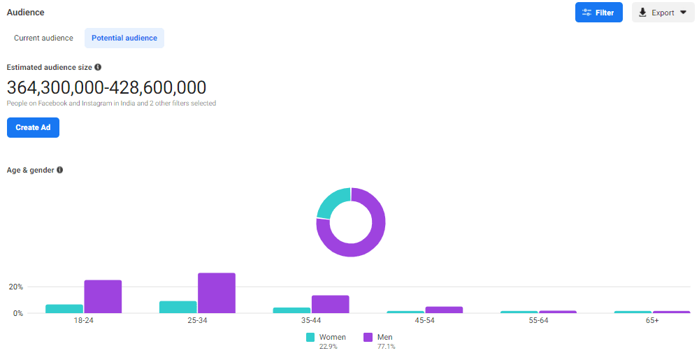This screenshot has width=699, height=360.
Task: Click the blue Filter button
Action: point(598,13)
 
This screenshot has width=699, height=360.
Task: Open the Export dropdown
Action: point(663,13)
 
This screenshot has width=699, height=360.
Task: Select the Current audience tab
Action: point(43,38)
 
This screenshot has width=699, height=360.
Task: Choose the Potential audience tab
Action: point(124,38)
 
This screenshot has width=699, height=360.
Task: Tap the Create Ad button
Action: point(33,127)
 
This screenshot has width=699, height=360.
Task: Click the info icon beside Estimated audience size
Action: point(98,67)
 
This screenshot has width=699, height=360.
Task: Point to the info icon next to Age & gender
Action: point(60,170)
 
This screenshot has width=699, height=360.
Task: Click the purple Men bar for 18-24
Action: point(103,296)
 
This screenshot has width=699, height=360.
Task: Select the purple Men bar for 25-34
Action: point(217,293)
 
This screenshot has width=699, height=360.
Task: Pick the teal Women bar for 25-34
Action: point(178,307)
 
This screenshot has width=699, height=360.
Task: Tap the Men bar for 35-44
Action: point(330,304)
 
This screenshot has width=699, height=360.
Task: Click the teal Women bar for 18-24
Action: point(64,308)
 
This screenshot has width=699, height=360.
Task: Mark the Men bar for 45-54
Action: point(444,310)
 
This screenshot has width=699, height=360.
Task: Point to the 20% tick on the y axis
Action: point(15,287)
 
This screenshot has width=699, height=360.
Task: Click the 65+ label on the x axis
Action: point(652,320)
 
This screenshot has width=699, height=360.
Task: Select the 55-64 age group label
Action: point(539,320)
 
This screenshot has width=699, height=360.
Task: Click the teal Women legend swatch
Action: point(310,337)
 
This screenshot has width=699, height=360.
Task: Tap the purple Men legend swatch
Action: point(368,337)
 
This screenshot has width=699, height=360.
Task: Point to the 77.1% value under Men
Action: point(385,347)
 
